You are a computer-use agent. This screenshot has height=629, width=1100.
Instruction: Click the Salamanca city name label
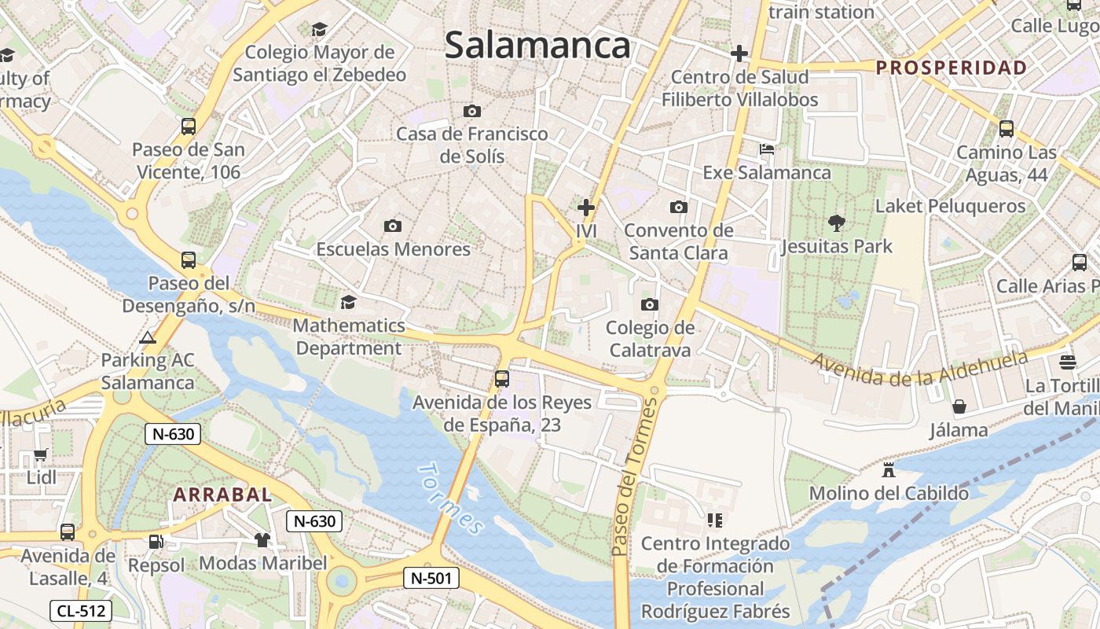coord(537,46)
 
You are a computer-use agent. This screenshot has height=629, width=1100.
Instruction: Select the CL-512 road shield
coord(81,610)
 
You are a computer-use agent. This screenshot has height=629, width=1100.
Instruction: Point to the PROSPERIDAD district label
coord(951,68)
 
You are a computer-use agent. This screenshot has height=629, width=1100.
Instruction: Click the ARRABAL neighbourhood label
coord(222,495)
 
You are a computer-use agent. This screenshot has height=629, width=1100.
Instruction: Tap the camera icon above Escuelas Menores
coord(393,226)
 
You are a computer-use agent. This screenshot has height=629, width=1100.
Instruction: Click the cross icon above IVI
coord(586,208)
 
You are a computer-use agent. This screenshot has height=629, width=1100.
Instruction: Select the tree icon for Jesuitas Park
coord(837,223)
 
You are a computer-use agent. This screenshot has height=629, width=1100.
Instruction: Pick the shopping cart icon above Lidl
coord(41,455)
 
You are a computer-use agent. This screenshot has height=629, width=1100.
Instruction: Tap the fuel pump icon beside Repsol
coord(156,542)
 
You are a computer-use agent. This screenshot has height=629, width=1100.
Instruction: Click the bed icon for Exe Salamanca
coord(767,149)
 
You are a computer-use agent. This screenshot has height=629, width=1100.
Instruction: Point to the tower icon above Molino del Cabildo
coord(889,470)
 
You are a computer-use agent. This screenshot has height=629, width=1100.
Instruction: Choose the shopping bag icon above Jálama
coord(959,406)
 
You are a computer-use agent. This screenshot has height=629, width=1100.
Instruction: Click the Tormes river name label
coord(450,499)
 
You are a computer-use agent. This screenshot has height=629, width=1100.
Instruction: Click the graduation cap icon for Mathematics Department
coord(348,302)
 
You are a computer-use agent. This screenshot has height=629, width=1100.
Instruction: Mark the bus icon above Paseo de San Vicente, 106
coord(189,127)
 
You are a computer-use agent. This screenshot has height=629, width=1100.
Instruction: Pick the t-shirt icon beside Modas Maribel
coord(262,540)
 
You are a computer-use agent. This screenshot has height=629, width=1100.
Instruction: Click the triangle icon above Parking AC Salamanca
coord(147,338)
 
